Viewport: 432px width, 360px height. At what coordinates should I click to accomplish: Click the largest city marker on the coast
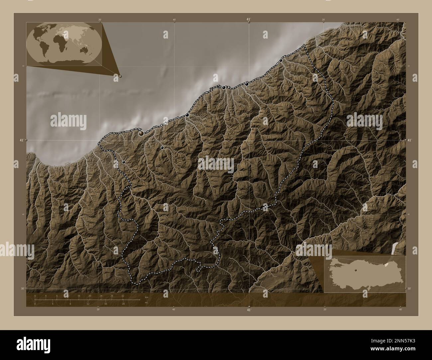pyautogui.click(x=142, y=133)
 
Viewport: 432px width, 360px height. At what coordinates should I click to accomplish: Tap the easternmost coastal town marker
pyautogui.click(x=281, y=60)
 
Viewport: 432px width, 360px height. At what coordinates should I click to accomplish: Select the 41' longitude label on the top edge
pyautogui.click(x=249, y=20)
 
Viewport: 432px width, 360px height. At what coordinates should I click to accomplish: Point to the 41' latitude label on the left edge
pyautogui.click(x=21, y=140)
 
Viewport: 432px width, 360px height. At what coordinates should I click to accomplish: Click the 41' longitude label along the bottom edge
pyautogui.click(x=249, y=310)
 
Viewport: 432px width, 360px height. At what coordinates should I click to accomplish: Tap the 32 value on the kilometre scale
pyautogui.click(x=123, y=296)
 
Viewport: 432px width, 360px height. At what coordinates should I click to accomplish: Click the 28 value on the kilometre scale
pyautogui.click(x=112, y=296)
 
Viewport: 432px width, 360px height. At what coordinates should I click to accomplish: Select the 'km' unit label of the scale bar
pyautogui.click(x=147, y=297)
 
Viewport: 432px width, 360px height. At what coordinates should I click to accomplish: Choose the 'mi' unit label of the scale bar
pyautogui.click(x=146, y=303)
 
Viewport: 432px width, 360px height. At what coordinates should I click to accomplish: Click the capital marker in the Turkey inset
pyautogui.click(x=355, y=270)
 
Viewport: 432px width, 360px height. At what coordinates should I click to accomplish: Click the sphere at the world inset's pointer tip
pyautogui.click(x=120, y=76)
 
